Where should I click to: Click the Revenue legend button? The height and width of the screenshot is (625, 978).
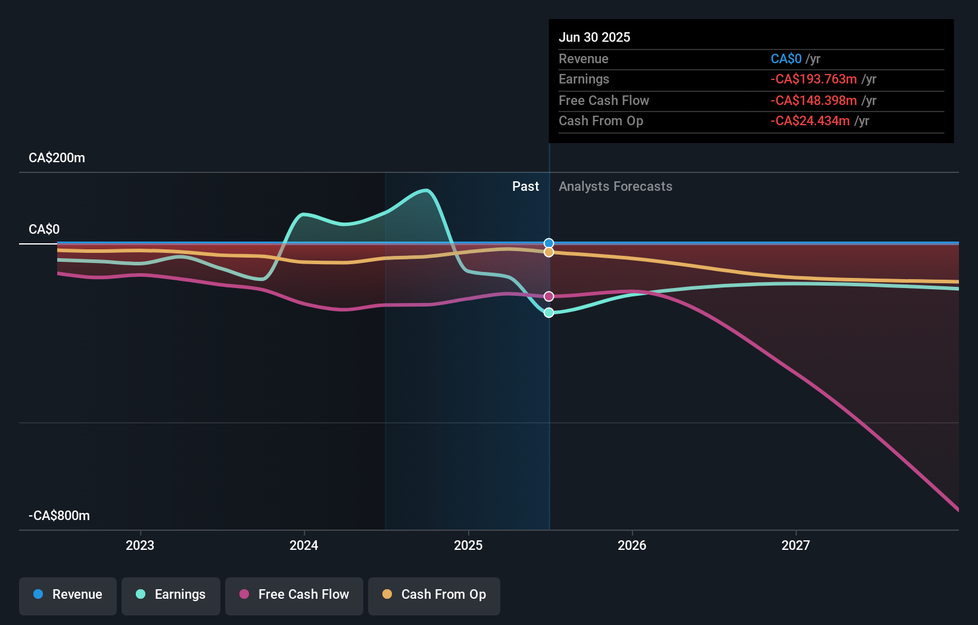[68, 595]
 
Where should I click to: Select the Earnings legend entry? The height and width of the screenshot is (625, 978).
[171, 595]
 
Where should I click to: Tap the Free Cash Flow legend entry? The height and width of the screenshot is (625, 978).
[294, 595]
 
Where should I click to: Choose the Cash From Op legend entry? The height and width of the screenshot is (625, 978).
[434, 595]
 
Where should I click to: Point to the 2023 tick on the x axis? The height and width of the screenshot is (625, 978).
[140, 545]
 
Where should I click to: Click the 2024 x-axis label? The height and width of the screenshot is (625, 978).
[304, 545]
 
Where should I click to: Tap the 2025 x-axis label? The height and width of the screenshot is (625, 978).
[468, 545]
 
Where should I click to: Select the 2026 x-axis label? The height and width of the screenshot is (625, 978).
[632, 545]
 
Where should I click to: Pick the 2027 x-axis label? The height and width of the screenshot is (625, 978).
[796, 545]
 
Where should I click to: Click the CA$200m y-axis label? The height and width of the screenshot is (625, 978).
[57, 158]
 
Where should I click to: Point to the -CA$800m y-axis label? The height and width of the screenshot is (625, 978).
[60, 516]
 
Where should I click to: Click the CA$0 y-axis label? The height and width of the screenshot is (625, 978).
[44, 230]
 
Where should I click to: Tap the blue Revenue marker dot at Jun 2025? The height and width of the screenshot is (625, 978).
[549, 243]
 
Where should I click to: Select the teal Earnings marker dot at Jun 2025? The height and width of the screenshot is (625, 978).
[549, 312]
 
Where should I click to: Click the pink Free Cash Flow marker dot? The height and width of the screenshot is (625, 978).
[549, 296]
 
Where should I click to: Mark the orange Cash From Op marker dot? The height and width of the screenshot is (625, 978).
[549, 252]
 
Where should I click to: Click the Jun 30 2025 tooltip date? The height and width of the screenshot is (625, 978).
[594, 37]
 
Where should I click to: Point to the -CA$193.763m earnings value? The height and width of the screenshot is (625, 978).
[814, 79]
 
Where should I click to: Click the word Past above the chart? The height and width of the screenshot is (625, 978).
[525, 187]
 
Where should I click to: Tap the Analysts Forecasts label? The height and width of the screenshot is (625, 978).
[615, 187]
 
